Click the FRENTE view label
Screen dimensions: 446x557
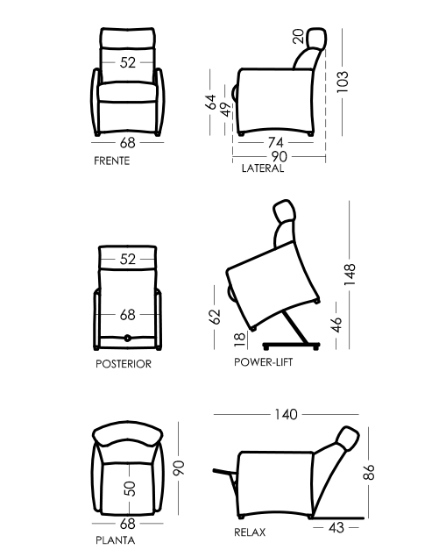click(112, 161)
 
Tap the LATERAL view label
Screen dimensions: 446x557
click(263, 168)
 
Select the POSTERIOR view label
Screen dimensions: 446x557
click(124, 364)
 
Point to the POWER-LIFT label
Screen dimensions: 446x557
click(263, 362)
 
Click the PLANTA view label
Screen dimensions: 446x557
click(116, 540)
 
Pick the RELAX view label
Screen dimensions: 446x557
click(250, 532)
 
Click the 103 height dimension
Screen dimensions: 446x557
click(343, 82)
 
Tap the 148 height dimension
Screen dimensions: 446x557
click(350, 275)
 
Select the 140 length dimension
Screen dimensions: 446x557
click(286, 414)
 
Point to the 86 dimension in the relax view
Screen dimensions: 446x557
click(369, 472)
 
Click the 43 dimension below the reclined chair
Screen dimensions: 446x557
click(336, 527)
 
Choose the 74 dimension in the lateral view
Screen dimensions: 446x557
click(276, 142)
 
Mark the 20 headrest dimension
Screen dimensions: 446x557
click(299, 36)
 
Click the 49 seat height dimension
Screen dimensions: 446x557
click(226, 110)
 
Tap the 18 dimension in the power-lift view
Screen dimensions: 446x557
click(240, 339)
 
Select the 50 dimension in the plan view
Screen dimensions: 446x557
click(130, 489)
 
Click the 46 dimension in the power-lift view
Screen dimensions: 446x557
click(336, 325)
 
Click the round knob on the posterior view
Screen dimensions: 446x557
click(127, 339)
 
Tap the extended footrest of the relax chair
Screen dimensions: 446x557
click(225, 472)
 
